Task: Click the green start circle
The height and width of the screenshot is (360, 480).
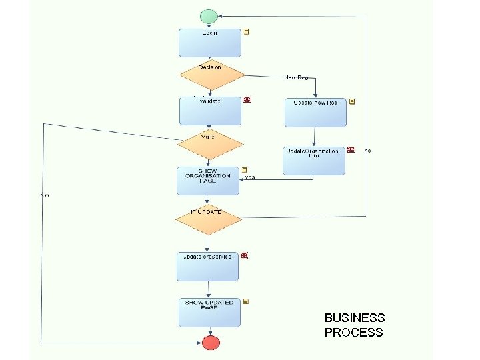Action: coord(209,16)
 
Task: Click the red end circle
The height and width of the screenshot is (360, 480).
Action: coord(211,343)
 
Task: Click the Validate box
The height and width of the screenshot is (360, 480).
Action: coord(210,111)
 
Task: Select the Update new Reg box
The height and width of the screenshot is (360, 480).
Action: coord(315,112)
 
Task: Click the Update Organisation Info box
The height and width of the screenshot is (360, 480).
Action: coord(314,160)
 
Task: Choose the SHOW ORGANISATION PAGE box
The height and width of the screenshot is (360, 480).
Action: coord(208,181)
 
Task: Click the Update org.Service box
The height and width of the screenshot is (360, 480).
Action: coord(207,265)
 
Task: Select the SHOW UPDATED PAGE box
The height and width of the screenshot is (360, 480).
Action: coord(209,312)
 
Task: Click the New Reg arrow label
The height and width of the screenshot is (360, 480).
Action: coord(296,77)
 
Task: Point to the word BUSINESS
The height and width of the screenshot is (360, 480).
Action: coord(354,318)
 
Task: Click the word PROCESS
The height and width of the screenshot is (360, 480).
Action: coord(353,333)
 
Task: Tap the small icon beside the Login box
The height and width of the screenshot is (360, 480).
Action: coord(247,32)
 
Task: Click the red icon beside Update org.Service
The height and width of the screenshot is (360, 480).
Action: coord(245,255)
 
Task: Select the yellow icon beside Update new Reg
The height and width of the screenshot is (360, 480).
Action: coord(352,102)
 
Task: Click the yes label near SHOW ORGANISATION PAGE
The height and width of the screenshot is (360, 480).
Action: coord(249,177)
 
